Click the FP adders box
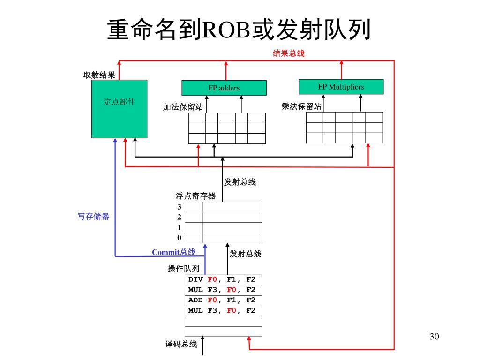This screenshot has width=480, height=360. (x=224, y=88)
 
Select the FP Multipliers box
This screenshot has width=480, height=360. (x=341, y=87)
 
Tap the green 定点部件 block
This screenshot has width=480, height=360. (x=119, y=109)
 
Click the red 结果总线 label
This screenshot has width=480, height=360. (x=288, y=53)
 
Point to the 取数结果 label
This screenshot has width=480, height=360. (x=99, y=75)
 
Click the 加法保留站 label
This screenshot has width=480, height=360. (x=183, y=107)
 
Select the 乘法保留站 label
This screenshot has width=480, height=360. (x=301, y=106)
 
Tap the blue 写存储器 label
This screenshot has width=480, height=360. (x=93, y=216)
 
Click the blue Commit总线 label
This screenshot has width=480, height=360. (x=173, y=253)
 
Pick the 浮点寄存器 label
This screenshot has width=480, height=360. (x=195, y=196)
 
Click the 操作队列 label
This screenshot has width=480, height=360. (x=183, y=269)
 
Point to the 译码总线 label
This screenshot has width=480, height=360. (x=181, y=344)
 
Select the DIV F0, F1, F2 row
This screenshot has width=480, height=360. (x=224, y=280)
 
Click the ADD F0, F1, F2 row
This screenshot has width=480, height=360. (x=224, y=300)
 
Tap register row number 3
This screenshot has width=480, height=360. (x=179, y=207)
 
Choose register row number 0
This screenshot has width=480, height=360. (x=179, y=238)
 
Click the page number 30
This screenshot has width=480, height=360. (x=434, y=337)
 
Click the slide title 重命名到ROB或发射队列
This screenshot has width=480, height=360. (x=240, y=30)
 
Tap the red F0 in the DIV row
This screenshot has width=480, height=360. (x=212, y=280)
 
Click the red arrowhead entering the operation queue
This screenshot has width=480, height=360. (x=249, y=339)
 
